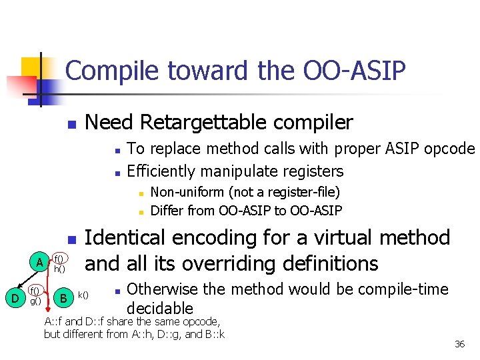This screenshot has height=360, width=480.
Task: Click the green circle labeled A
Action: tap(40, 263)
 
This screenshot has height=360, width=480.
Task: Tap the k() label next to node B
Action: tap(84, 294)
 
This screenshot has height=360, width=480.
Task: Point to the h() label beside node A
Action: tap(59, 269)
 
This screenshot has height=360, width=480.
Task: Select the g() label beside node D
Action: tap(35, 301)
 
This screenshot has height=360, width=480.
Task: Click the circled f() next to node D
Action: tap(35, 291)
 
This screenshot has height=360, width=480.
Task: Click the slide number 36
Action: tap(459, 344)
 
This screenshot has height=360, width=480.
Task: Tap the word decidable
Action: tap(159, 308)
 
